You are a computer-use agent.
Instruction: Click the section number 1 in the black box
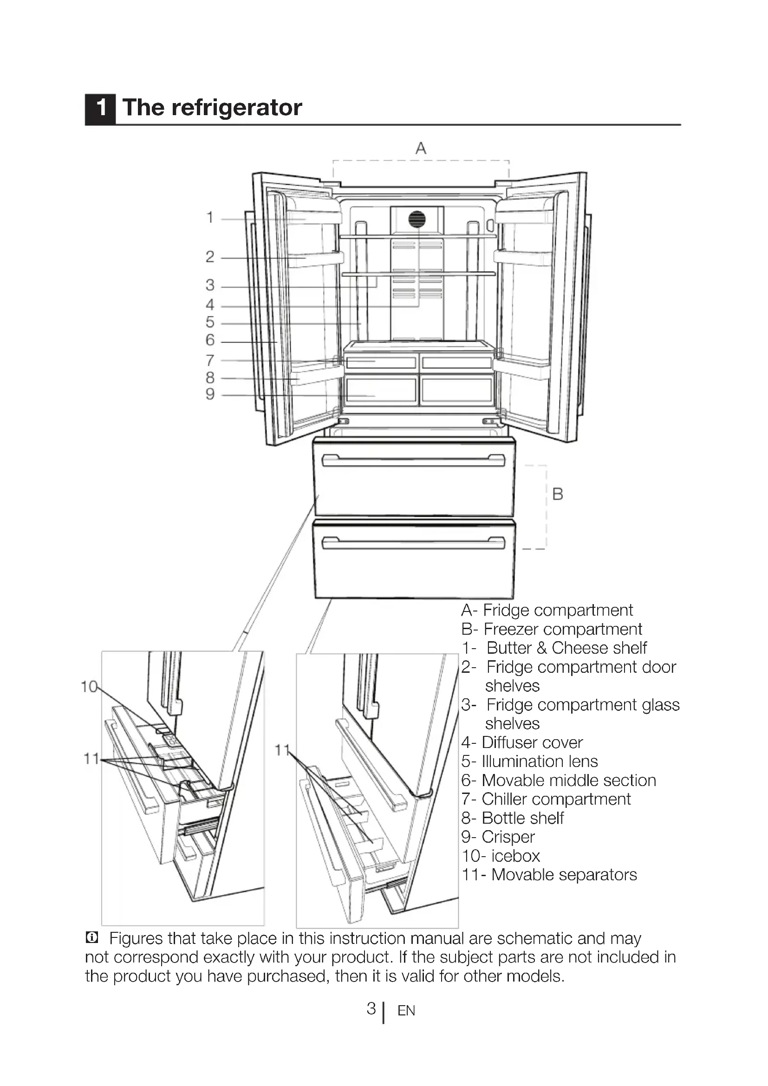click(x=100, y=109)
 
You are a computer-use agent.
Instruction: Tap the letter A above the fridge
click(x=420, y=149)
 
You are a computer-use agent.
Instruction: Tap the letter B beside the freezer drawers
click(x=558, y=494)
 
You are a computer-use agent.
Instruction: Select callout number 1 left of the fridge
click(x=210, y=218)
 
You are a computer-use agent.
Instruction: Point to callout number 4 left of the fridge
click(x=210, y=305)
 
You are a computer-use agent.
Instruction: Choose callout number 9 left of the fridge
click(x=210, y=394)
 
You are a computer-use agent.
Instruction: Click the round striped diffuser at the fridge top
click(x=417, y=220)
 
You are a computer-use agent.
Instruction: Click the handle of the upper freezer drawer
click(x=413, y=461)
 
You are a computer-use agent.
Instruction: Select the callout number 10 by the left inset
click(x=89, y=686)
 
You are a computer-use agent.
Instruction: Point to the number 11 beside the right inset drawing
click(x=282, y=750)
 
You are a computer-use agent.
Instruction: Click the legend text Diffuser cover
click(x=532, y=742)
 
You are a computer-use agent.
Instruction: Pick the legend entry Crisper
click(x=508, y=837)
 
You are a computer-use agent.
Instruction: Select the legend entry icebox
click(x=515, y=856)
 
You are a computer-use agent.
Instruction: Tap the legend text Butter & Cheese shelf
click(x=566, y=648)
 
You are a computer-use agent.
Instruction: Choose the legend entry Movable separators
click(x=564, y=875)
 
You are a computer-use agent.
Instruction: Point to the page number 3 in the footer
click(x=371, y=1008)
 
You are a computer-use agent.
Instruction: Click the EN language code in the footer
click(x=406, y=1011)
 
